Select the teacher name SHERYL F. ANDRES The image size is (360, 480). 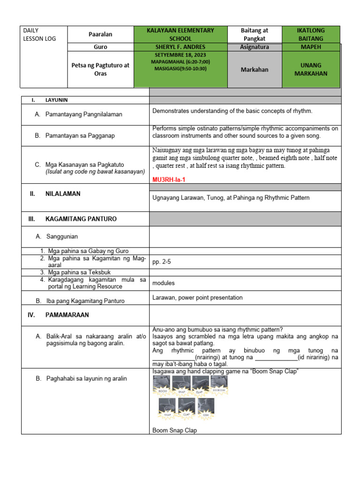(180, 47)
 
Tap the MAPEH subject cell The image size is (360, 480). (311, 47)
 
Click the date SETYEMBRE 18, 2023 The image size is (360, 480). (180, 55)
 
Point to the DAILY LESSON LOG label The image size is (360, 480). (39, 34)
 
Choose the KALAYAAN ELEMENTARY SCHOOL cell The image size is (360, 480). (180, 34)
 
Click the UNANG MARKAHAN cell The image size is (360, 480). (311, 69)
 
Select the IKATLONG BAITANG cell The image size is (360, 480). (311, 34)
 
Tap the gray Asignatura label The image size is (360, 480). (255, 47)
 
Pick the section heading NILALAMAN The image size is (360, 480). (63, 194)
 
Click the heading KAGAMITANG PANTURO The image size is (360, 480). (81, 219)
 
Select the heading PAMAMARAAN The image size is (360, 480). (67, 315)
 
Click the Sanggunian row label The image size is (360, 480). (62, 237)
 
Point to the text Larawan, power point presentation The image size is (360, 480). (197, 298)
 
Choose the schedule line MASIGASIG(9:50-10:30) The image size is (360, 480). (180, 68)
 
